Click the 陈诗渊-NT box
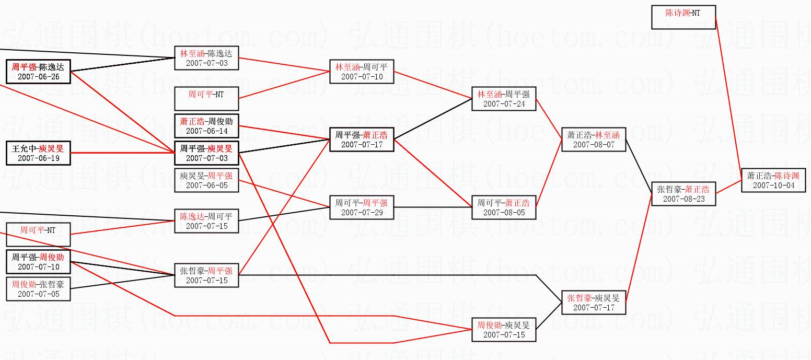[x=683, y=17]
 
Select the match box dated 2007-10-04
[x=773, y=180]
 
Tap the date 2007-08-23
[x=683, y=199]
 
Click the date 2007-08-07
[x=594, y=145]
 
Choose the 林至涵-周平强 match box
[x=504, y=99]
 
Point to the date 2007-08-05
[x=504, y=213]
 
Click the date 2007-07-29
[x=362, y=213]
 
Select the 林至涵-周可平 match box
[x=362, y=72]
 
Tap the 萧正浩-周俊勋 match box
[x=206, y=126]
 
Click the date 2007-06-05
[x=206, y=185]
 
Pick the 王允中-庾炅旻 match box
[x=38, y=153]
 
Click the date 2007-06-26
[x=38, y=77]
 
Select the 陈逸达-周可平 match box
[x=206, y=221]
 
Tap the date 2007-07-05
[x=38, y=294]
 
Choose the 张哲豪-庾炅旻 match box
[x=594, y=303]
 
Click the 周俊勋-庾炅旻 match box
[x=504, y=330]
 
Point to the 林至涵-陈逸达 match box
[x=206, y=58]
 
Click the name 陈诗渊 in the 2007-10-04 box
[x=786, y=176]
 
